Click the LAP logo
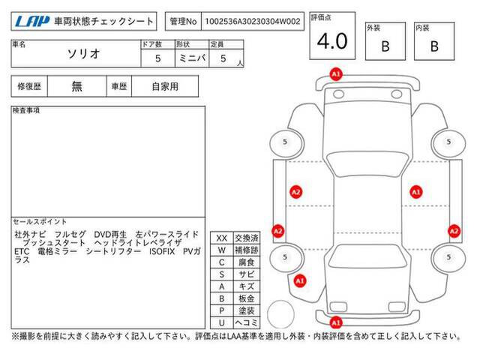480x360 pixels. [32, 21]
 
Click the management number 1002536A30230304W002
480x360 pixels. [253, 22]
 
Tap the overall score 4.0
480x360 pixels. [332, 41]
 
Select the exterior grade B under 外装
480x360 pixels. [385, 46]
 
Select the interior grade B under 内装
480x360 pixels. [434, 46]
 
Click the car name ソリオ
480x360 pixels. [83, 54]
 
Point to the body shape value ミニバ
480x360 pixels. [192, 58]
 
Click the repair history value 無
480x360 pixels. [76, 86]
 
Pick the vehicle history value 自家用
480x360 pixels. [165, 87]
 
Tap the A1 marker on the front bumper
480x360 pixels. [336, 74]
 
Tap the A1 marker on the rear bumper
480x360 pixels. [336, 322]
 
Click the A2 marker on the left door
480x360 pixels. [295, 192]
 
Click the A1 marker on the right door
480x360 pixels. [416, 192]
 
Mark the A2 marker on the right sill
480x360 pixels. [454, 231]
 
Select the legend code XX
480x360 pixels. [222, 238]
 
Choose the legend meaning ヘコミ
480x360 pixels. [247, 322]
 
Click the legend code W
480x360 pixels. [222, 250]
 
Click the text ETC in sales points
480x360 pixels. [22, 252]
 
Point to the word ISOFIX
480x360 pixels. [162, 252]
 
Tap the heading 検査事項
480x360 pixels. [26, 110]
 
